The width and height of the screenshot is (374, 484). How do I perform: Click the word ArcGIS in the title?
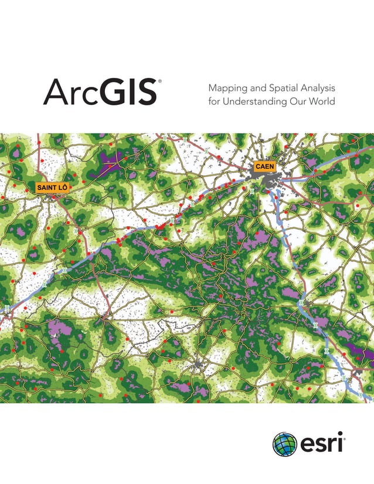99,93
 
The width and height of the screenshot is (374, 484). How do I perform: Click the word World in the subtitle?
323,102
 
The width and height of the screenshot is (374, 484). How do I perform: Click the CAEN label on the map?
264,167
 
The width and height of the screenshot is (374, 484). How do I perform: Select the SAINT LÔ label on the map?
52,188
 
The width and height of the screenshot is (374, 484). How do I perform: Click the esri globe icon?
285,444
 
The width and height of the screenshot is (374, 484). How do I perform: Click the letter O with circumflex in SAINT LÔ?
64,188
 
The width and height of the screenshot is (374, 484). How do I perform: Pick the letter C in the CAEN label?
257,167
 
